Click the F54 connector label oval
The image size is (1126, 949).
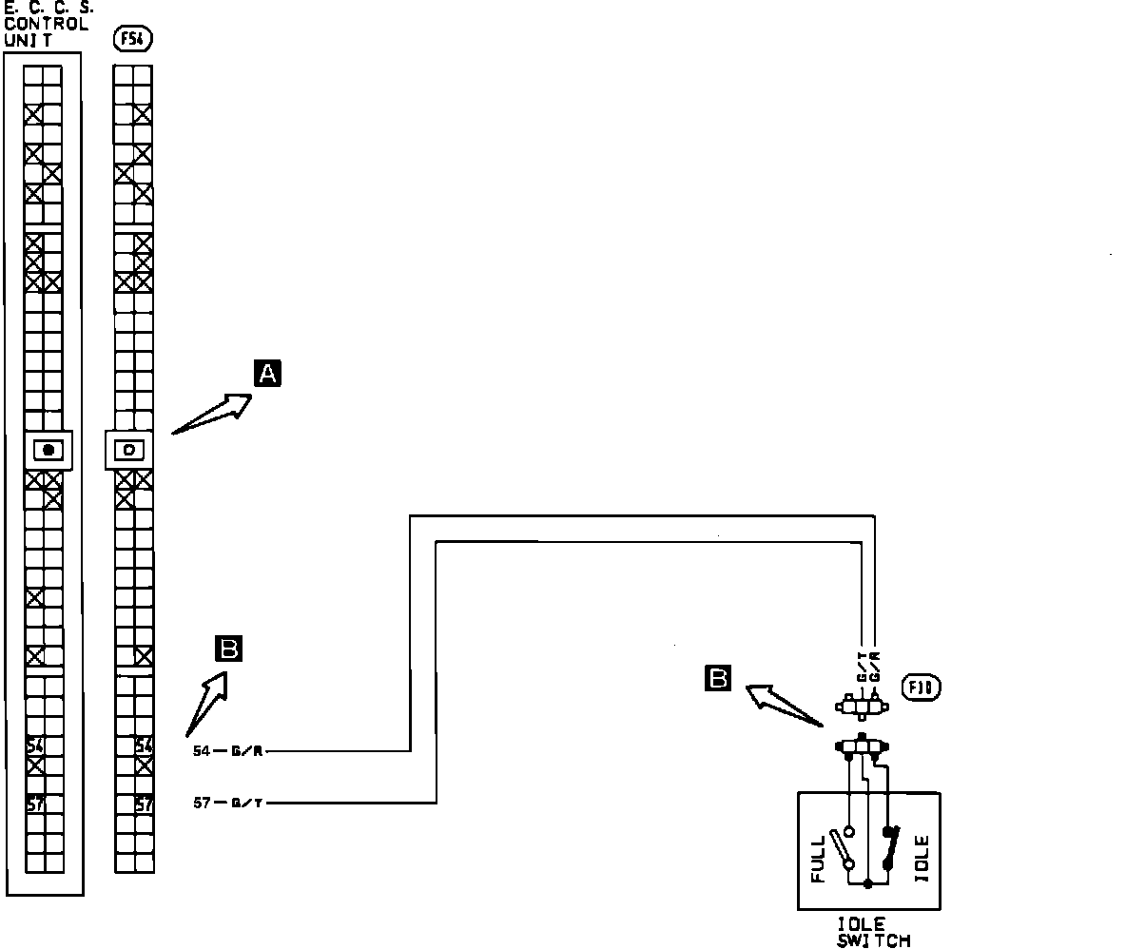tap(132, 39)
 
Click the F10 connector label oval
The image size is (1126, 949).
tap(922, 688)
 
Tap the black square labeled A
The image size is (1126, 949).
tap(268, 374)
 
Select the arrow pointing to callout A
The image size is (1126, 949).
tap(213, 415)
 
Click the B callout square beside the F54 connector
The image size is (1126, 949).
tap(229, 649)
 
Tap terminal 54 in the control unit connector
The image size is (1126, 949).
tap(34, 746)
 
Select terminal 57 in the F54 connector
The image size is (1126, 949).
tap(144, 804)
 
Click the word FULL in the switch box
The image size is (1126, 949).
tap(819, 860)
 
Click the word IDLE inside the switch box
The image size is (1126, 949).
tap(922, 859)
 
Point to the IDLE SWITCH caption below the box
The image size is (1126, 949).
tap(873, 932)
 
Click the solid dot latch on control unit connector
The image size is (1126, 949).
tap(48, 450)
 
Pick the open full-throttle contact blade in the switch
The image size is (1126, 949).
tap(841, 848)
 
